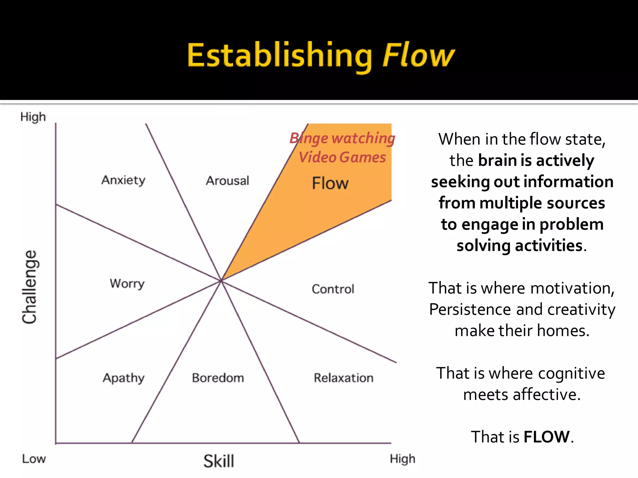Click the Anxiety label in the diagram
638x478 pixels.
coord(123,180)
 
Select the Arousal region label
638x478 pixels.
coord(227,181)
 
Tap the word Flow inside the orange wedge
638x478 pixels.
coord(330,183)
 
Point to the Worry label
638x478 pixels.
coord(127,284)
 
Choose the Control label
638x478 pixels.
coord(333,289)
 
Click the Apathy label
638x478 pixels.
coord(124,378)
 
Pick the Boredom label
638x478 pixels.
coord(218,378)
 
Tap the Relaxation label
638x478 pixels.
coord(344,378)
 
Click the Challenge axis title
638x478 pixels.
coord(30,287)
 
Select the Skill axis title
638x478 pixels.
coord(219,461)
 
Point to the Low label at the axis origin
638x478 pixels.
coord(34,459)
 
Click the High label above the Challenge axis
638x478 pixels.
coord(33,117)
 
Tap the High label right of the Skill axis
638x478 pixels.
coord(402,459)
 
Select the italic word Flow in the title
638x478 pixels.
coord(419,55)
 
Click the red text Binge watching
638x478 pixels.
coord(342,138)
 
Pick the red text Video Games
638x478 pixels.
coord(342,157)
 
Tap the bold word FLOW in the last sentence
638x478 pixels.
coord(547,437)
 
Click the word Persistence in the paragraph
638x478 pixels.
coord(470,309)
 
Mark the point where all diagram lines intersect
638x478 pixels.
coord(221,280)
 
